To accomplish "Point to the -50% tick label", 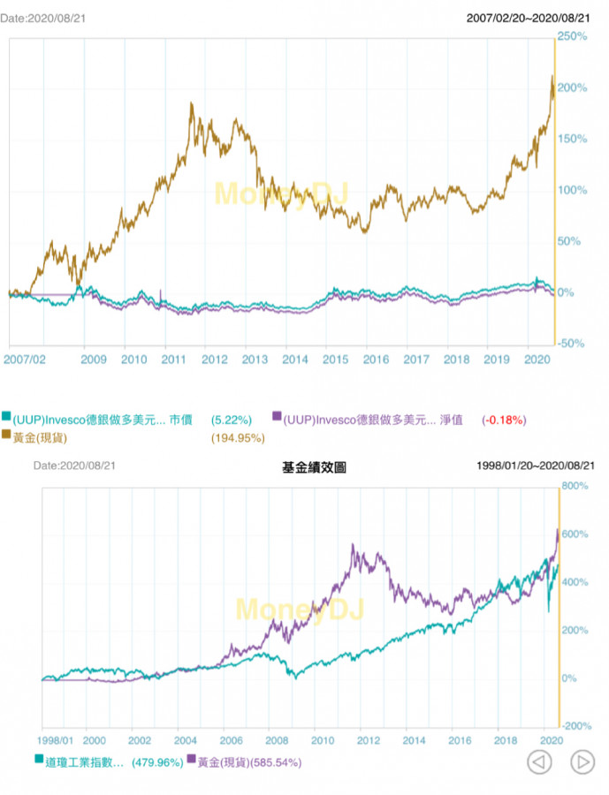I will [573, 344].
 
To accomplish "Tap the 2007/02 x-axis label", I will [25, 360].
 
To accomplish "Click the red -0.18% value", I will [502, 419].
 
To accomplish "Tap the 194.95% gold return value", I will [239, 436].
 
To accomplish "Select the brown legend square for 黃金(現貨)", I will [6, 436].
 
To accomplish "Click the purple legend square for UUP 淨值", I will [277, 418].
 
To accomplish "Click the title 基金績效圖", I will [314, 466].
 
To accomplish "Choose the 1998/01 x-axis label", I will [57, 739].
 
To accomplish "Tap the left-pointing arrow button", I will [539, 761].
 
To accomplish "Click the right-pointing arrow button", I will [582, 761].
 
